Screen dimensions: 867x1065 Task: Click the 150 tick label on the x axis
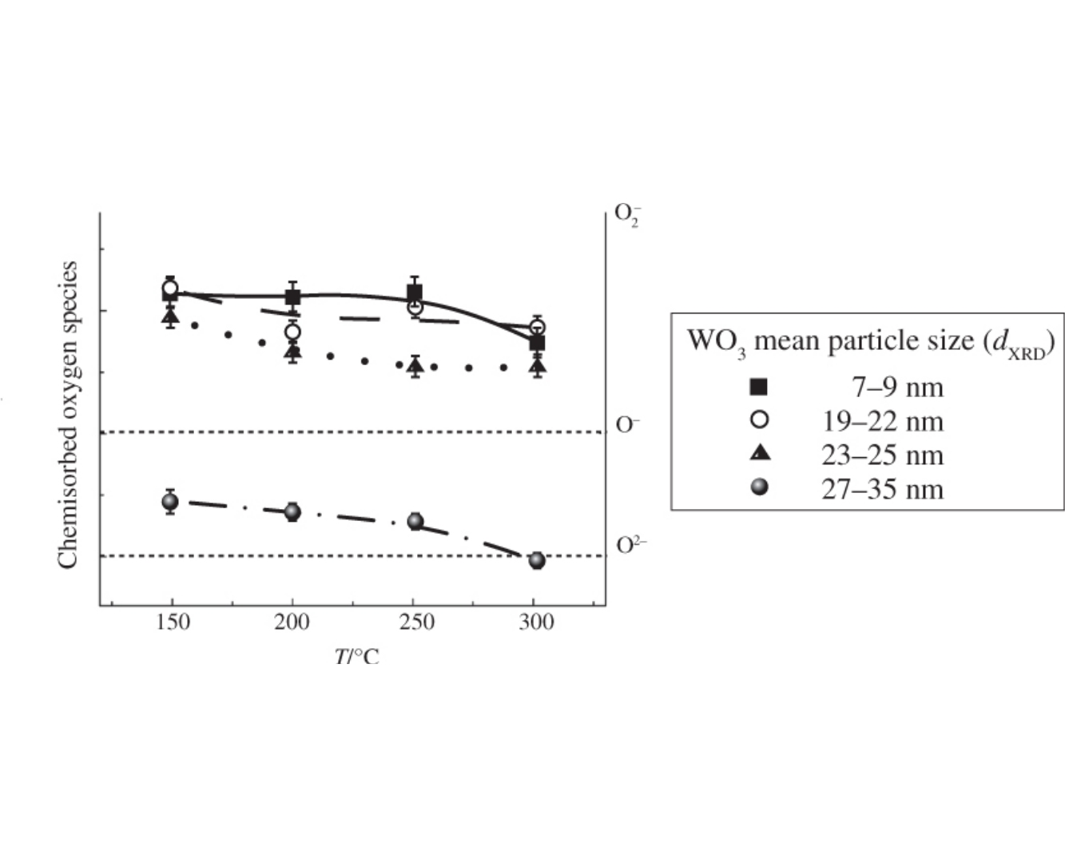click(x=172, y=623)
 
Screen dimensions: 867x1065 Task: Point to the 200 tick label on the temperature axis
click(x=292, y=623)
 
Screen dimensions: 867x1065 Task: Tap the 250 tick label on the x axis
click(x=415, y=623)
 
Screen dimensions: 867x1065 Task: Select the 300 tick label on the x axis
click(x=536, y=623)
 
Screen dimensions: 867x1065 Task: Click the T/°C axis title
click(x=356, y=657)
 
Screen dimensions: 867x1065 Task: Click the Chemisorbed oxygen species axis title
click(x=68, y=415)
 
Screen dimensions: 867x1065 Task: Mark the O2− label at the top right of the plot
click(x=627, y=215)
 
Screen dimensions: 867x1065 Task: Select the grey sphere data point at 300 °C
click(x=537, y=561)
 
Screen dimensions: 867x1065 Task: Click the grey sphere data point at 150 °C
click(x=170, y=502)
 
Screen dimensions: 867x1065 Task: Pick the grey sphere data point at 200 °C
click(x=292, y=511)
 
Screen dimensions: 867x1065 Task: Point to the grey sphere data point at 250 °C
click(x=415, y=521)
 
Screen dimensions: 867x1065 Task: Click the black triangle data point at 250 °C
click(x=415, y=366)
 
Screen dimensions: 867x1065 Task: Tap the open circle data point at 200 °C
click(x=292, y=332)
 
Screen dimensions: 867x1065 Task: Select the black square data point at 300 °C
click(x=537, y=343)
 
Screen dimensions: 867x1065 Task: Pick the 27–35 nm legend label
click(x=882, y=488)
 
